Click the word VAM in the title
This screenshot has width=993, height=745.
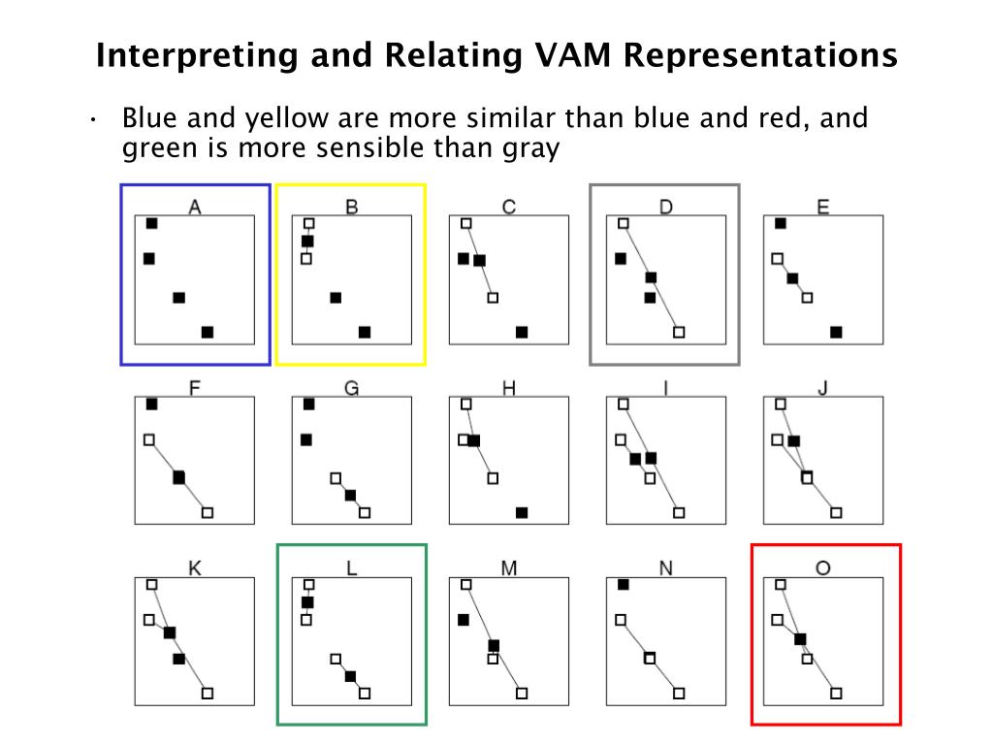tap(572, 54)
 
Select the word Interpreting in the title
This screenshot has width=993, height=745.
tap(197, 56)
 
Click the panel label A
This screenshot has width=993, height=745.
tap(195, 207)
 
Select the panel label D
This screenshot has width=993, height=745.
tap(665, 207)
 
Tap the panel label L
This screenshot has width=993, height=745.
tap(351, 568)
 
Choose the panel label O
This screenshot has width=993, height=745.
tap(822, 568)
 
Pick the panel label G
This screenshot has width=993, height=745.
tap(351, 388)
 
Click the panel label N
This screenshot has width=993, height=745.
tap(665, 568)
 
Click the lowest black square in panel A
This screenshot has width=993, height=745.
tap(208, 332)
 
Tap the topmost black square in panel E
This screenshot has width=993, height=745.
tap(781, 223)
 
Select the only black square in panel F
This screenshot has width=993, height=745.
tap(179, 477)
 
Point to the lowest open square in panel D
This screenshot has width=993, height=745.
tap(679, 332)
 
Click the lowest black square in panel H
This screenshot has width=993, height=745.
tap(522, 512)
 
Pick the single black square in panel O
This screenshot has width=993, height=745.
tap(800, 639)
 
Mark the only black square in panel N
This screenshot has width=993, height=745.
tap(624, 584)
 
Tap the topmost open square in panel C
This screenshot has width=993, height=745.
tap(466, 223)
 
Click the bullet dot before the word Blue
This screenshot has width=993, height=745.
tap(93, 119)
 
